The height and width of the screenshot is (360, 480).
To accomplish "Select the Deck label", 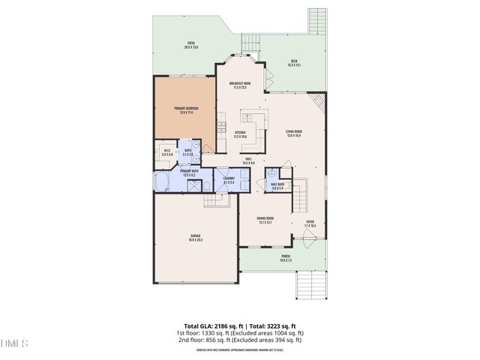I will tap(294, 63).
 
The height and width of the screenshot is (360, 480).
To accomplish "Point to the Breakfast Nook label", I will tap(240, 85).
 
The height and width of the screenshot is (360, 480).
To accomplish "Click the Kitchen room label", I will tap(240, 134).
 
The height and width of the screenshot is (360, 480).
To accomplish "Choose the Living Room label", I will tap(294, 134).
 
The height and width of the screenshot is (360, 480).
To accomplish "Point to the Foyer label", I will tap(310, 223).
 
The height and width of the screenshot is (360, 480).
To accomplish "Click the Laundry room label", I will tap(229, 180).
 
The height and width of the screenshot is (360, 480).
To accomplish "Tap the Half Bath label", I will tap(276, 186).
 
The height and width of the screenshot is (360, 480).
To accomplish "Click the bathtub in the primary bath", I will tap(163, 182).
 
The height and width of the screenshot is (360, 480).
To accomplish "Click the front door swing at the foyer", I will tap(307, 239).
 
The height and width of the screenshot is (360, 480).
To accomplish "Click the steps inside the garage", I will tap(215, 199).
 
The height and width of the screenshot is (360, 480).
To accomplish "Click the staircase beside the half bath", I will tap(299, 196).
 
